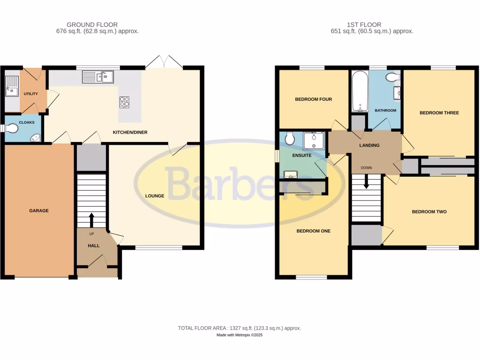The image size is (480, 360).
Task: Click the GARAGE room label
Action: click(x=39, y=211)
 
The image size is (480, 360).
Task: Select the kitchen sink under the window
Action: click(x=97, y=76)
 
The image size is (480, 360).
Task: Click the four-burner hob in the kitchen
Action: click(x=125, y=102)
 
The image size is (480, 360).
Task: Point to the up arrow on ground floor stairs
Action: click(x=91, y=219)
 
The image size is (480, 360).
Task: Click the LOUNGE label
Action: click(x=154, y=196)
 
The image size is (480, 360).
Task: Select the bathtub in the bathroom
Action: click(x=359, y=91)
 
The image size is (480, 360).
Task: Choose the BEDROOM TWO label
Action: click(x=429, y=212)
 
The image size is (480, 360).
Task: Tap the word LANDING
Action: click(x=369, y=146)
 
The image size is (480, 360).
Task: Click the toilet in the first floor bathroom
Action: click(x=392, y=77)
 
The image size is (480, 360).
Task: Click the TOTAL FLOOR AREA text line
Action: click(x=240, y=328)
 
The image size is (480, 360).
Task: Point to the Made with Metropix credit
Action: click(x=240, y=335)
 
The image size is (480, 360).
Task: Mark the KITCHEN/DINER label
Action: click(x=130, y=133)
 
